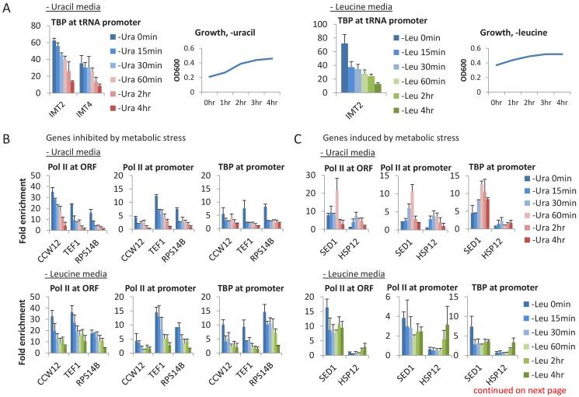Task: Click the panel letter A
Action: pos(7,10)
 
